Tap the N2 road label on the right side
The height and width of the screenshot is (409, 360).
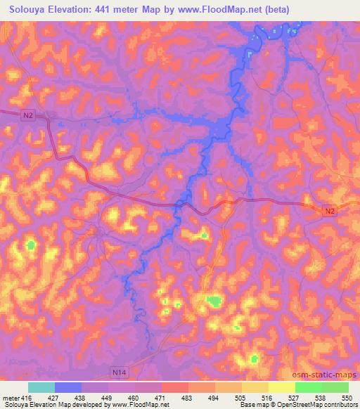click(x=330, y=210)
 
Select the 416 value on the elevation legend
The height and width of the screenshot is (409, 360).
click(x=27, y=397)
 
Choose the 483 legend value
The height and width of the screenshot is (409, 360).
click(x=188, y=397)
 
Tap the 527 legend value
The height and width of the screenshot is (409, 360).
click(x=294, y=397)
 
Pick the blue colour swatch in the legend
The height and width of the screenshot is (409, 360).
click(x=68, y=387)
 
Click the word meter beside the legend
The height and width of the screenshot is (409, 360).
click(x=10, y=397)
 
